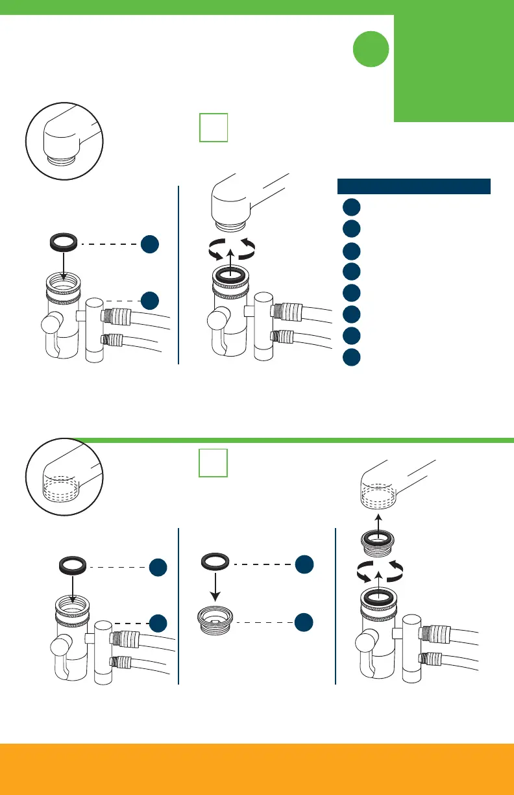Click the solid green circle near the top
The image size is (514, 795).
click(x=371, y=50)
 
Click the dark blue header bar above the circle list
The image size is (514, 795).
click(x=413, y=186)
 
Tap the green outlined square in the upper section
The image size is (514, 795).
click(x=213, y=127)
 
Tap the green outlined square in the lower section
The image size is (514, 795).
click(x=213, y=463)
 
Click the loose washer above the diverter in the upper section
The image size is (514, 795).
click(x=64, y=244)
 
